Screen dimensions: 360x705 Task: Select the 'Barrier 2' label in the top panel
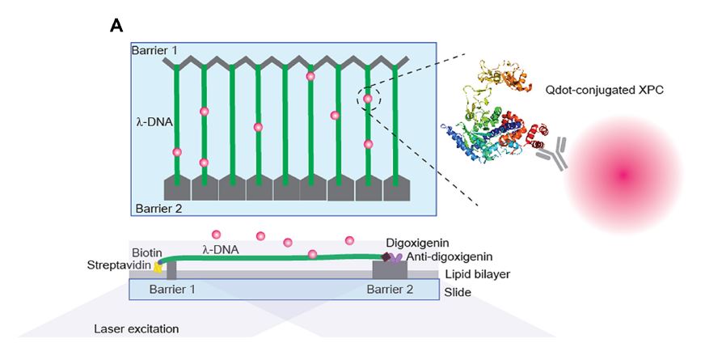159,208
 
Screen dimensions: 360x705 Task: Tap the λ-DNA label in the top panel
153,122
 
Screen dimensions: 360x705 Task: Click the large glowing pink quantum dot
622,172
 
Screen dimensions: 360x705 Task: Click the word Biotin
146,252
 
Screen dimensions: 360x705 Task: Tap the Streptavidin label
122,265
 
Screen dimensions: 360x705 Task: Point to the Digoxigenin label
420,242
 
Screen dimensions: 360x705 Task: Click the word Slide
458,290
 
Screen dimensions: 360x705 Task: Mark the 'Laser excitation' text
136,329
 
